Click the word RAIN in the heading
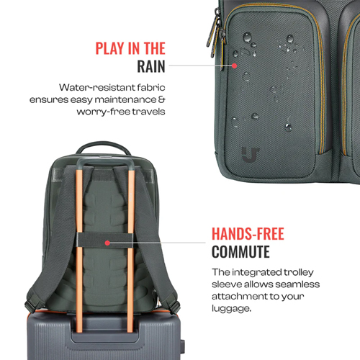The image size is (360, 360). tap(151, 66)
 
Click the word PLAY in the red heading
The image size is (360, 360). tap(110, 48)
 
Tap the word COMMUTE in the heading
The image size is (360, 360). tap(240, 252)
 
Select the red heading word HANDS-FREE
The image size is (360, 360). tap(248, 234)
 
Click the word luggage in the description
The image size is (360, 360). tap(230, 309)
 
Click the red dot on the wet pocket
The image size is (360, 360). tap(235, 66)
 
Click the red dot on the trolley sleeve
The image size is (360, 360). tap(107, 243)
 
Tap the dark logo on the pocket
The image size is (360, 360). tap(251, 155)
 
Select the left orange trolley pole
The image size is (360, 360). tap(79, 250)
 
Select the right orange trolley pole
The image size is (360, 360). tap(130, 250)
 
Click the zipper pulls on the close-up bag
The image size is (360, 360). tap(217, 34)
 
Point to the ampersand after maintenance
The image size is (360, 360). tap(162, 99)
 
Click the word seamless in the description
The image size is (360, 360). tap(297, 284)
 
